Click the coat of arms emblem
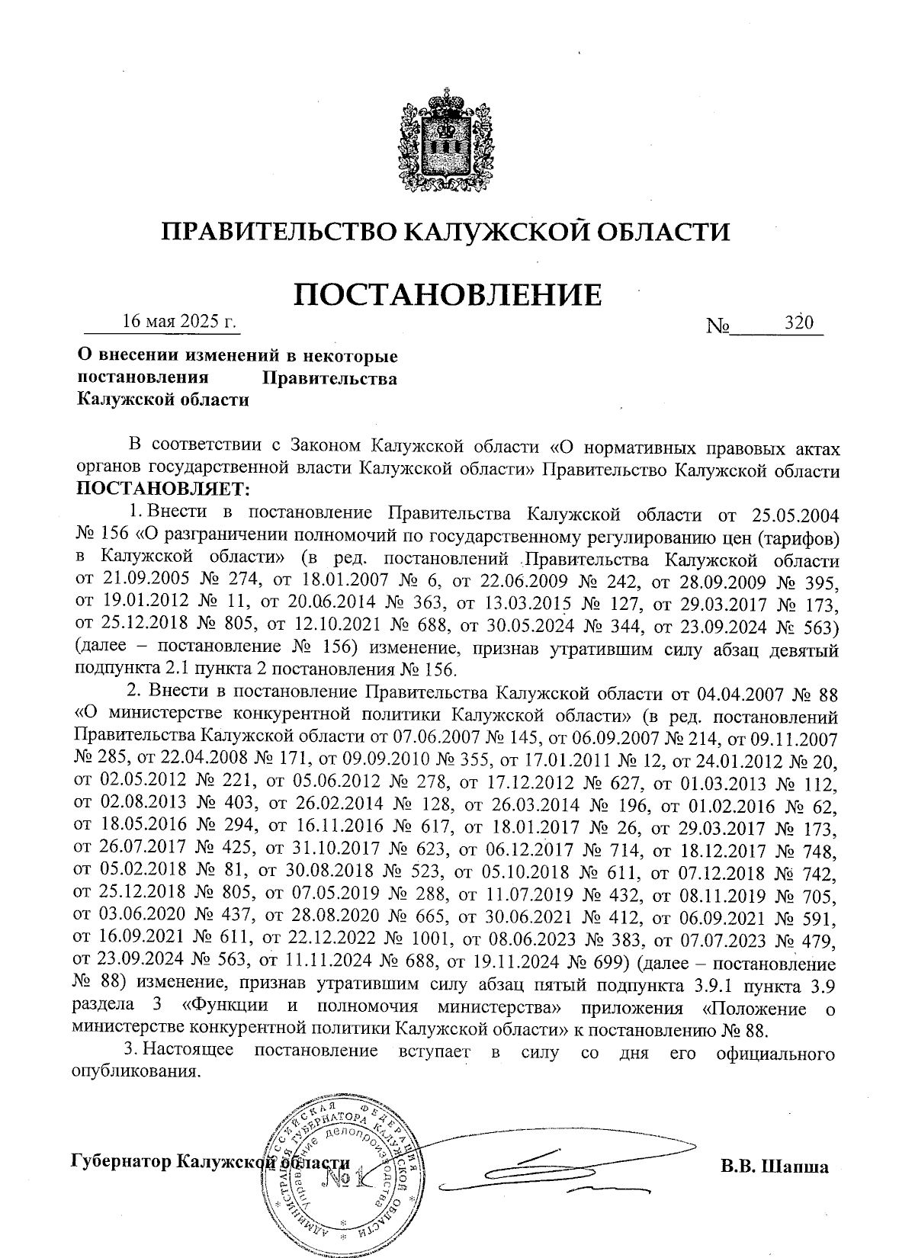click(445, 145)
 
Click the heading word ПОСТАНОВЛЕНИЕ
click(448, 294)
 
